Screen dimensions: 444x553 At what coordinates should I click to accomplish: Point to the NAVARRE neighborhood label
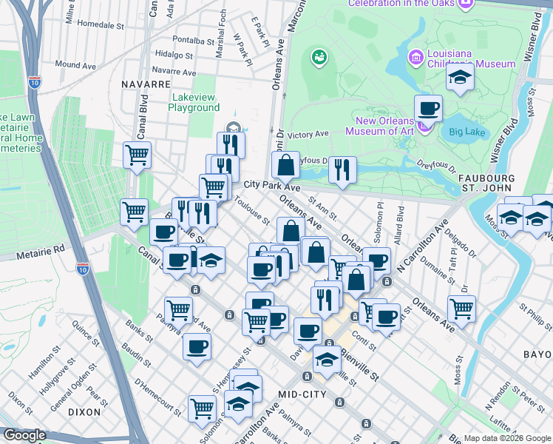(146, 84)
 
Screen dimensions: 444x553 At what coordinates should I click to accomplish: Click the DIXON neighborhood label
(84, 411)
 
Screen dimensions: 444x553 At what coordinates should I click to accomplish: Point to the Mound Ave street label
(75, 65)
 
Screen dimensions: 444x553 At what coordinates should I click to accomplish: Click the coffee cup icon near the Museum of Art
(428, 110)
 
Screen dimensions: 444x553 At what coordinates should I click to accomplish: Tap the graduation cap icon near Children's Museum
(459, 78)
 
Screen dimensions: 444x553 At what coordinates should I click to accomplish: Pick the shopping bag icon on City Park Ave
(285, 165)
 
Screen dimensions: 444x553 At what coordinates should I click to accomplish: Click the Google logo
(25, 435)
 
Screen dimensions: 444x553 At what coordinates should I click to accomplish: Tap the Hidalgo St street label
(174, 54)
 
